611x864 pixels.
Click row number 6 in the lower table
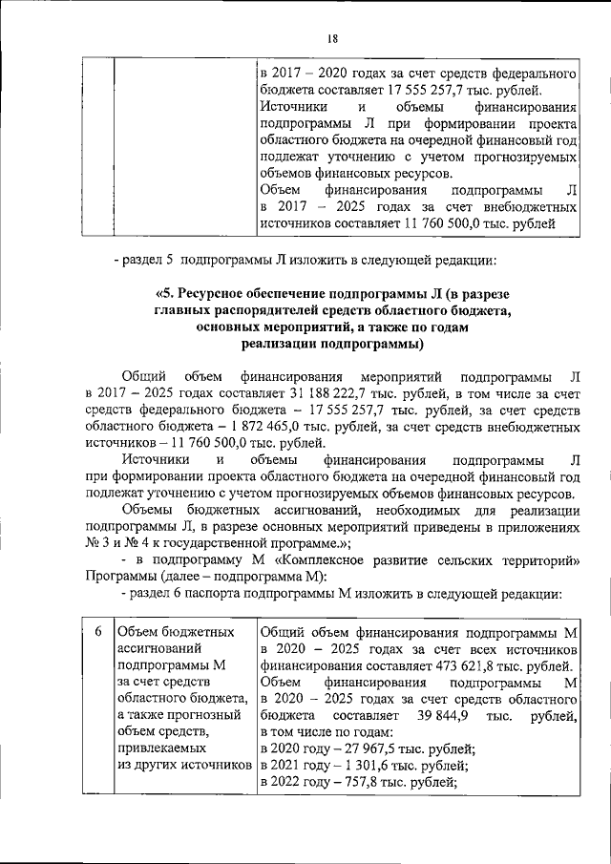coord(96,633)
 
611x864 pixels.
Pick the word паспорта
coord(210,594)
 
